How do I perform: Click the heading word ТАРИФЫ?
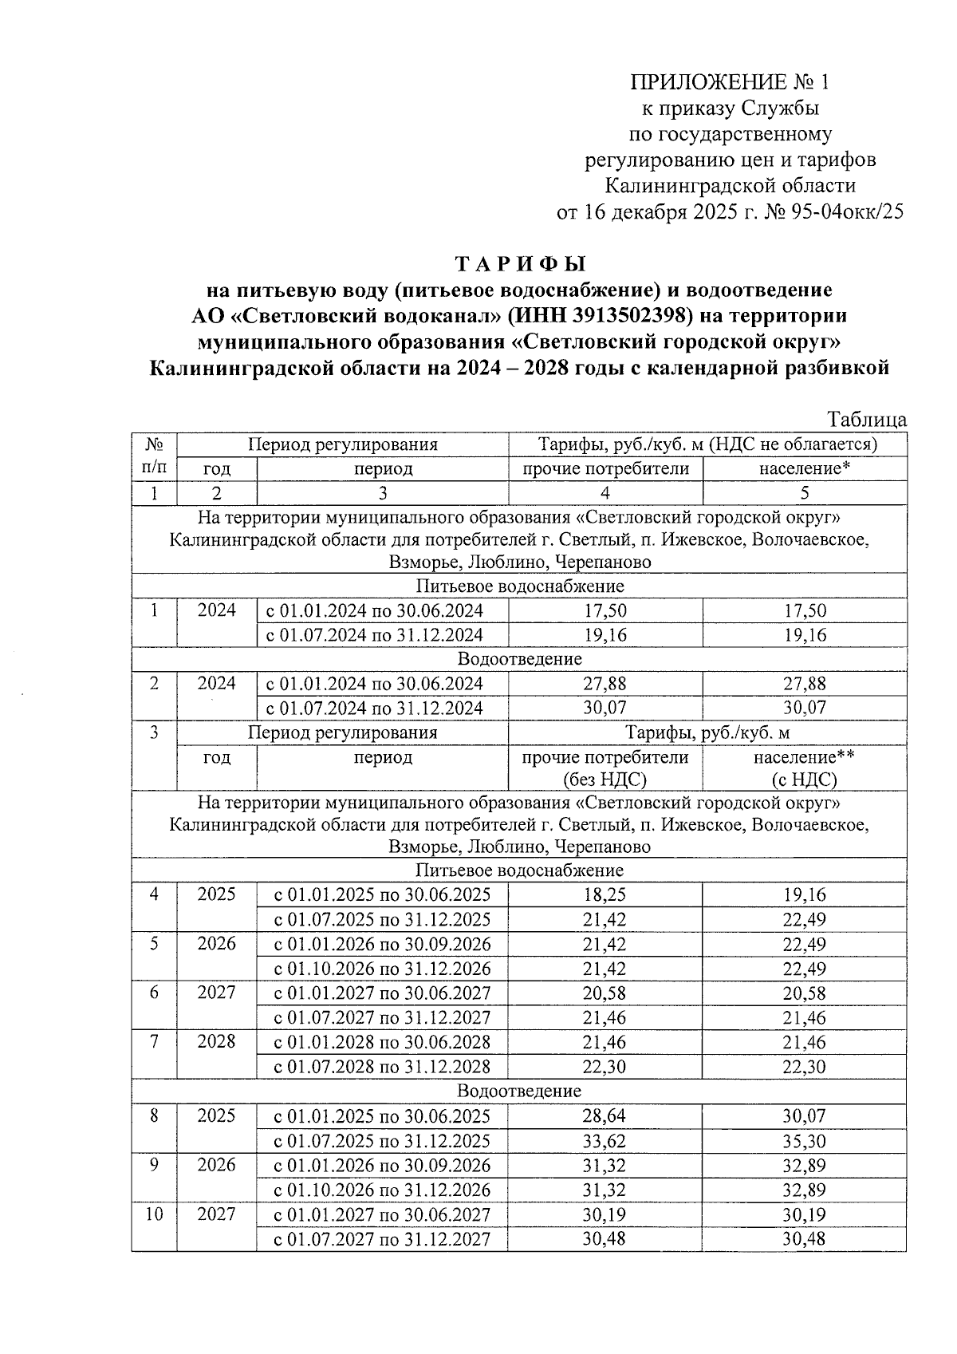click(x=520, y=263)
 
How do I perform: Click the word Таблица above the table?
click(x=866, y=420)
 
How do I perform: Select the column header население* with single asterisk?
click(x=804, y=468)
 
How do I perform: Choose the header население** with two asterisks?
click(x=804, y=756)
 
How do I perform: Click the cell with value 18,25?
click(x=605, y=894)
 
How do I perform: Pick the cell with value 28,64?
click(x=605, y=1116)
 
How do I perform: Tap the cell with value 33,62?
click(x=605, y=1141)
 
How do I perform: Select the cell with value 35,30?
click(x=804, y=1141)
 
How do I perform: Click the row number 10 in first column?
click(x=154, y=1214)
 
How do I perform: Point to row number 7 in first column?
click(x=154, y=1041)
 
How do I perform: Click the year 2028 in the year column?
click(x=217, y=1041)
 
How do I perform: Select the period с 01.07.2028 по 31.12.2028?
click(x=382, y=1067)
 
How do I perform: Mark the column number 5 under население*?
click(x=804, y=493)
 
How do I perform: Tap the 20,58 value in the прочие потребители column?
click(x=605, y=993)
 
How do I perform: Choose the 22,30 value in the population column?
click(x=804, y=1067)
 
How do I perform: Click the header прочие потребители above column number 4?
click(x=605, y=468)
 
